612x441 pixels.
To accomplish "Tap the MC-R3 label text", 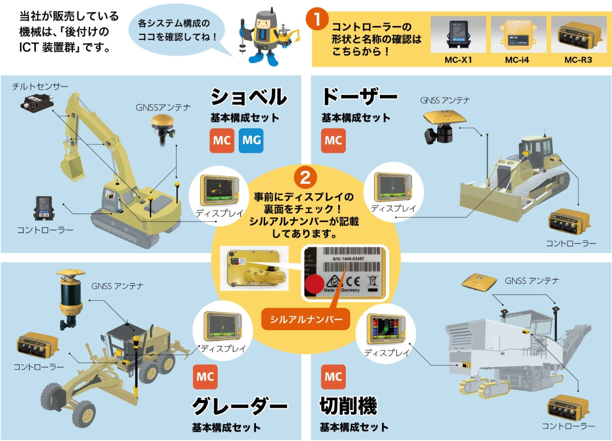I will click(578, 60).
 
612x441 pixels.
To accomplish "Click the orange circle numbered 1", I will click(317, 20).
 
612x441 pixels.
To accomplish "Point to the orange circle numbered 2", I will click(304, 177).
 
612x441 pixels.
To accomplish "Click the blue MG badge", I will click(251, 141).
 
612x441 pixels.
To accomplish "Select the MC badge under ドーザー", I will click(334, 141).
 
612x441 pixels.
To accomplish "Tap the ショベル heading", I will click(249, 97).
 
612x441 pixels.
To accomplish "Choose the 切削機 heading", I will click(348, 406).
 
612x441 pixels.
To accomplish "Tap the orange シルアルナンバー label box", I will click(305, 319).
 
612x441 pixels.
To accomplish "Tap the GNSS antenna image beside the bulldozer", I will click(442, 125).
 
